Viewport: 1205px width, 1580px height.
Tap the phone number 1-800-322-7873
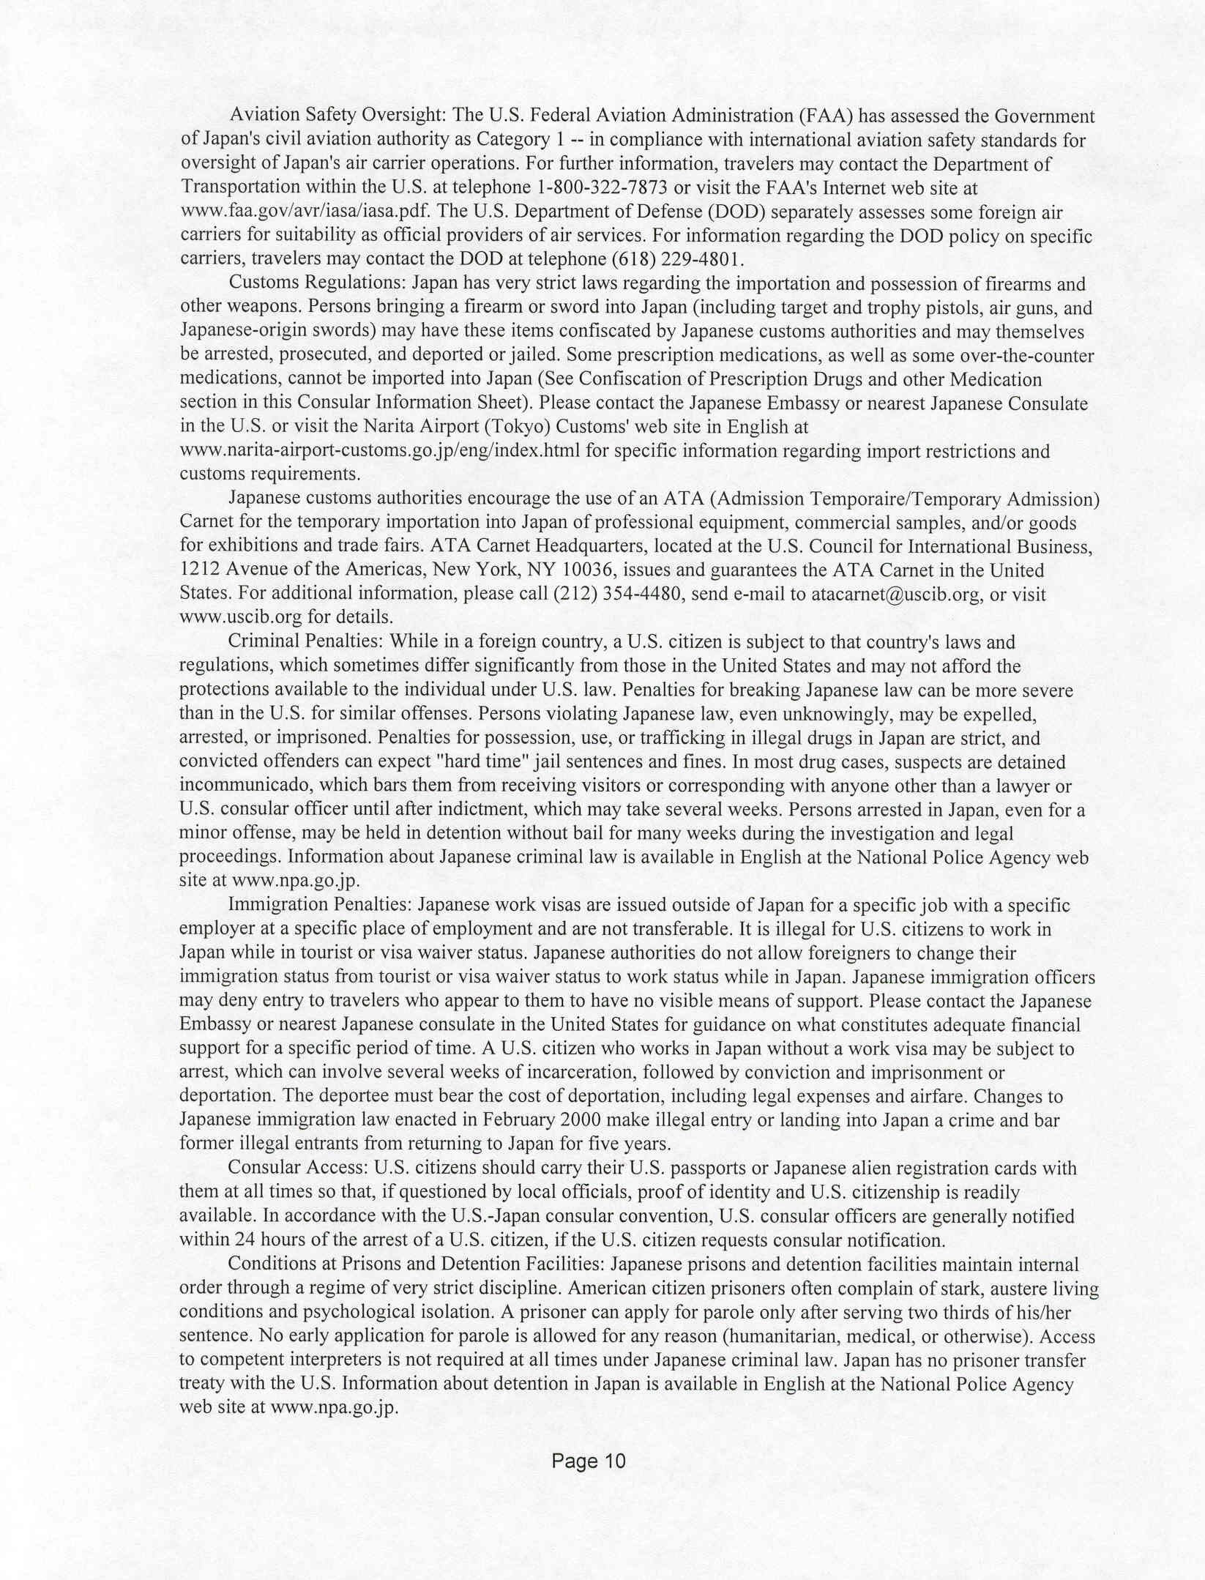[x=602, y=187]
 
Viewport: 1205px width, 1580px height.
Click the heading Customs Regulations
[x=317, y=283]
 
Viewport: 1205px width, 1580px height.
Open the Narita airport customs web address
[x=380, y=450]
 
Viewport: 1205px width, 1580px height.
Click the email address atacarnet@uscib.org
[x=895, y=594]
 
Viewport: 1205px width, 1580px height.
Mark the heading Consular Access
[x=297, y=1169]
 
